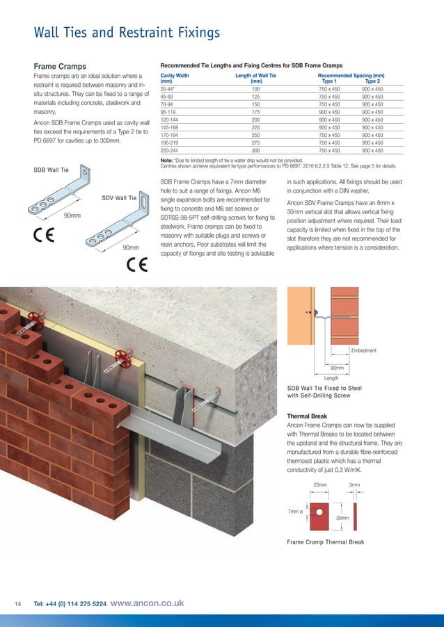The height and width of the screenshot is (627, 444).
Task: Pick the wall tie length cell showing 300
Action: pos(255,150)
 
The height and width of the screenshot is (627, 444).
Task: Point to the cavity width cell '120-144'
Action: pos(171,120)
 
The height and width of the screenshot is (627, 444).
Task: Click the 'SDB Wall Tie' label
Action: pos(51,169)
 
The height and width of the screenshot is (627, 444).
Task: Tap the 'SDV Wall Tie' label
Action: pos(118,198)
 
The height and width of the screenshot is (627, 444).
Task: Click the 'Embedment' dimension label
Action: pos(363,350)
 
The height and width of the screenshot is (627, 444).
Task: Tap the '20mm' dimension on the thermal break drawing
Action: pos(319,484)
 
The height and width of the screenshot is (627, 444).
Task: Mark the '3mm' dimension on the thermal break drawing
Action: pos(355,484)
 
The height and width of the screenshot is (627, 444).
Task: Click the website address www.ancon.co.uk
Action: pos(147,603)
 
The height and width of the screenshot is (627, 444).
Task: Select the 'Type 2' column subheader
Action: pos(372,81)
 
